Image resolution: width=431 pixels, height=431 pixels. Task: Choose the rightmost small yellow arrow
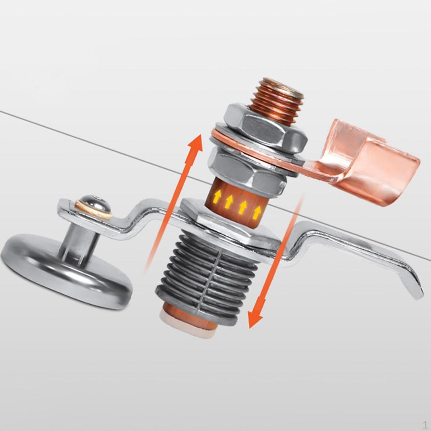pyautogui.click(x=256, y=211)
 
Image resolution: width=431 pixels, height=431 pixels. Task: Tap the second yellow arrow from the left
pyautogui.click(x=229, y=201)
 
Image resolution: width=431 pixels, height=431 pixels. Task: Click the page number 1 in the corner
pyautogui.click(x=425, y=424)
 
